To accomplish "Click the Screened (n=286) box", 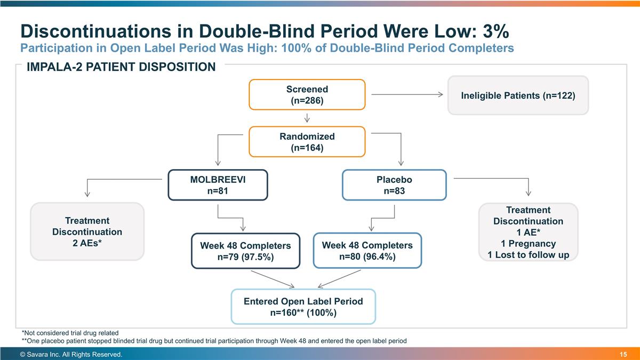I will (x=307, y=95).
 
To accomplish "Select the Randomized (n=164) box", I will (x=307, y=142).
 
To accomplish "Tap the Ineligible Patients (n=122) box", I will (x=517, y=95).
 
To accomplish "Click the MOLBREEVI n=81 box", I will (x=218, y=185).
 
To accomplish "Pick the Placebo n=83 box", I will (x=394, y=185).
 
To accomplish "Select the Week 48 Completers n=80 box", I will (x=367, y=251).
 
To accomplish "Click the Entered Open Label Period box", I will (x=303, y=307).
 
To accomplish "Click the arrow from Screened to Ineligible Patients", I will (x=406, y=95).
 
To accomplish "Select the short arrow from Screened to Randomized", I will (x=307, y=118).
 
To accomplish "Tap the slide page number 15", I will (x=623, y=355).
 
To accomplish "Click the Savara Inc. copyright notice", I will (x=71, y=355).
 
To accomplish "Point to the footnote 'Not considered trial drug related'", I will (x=70, y=333).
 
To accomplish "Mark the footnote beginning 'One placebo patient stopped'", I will (x=213, y=341).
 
